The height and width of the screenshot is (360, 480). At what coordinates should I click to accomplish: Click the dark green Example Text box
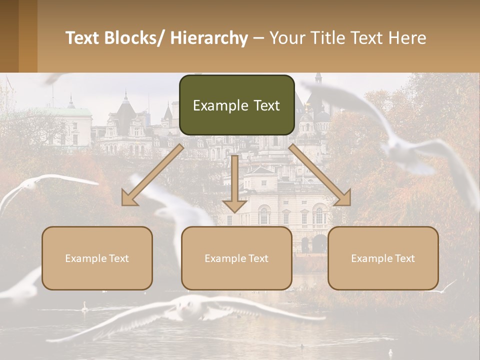236,105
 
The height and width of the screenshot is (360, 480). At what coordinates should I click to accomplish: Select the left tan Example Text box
97,258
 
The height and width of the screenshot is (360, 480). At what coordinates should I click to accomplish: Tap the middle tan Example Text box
236,258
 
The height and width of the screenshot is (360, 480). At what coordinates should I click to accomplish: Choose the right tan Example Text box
383,258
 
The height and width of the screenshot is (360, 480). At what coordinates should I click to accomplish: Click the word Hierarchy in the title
209,38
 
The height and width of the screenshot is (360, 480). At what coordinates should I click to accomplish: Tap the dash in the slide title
258,38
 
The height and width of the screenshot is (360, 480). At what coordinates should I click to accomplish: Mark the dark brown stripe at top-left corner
9,36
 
